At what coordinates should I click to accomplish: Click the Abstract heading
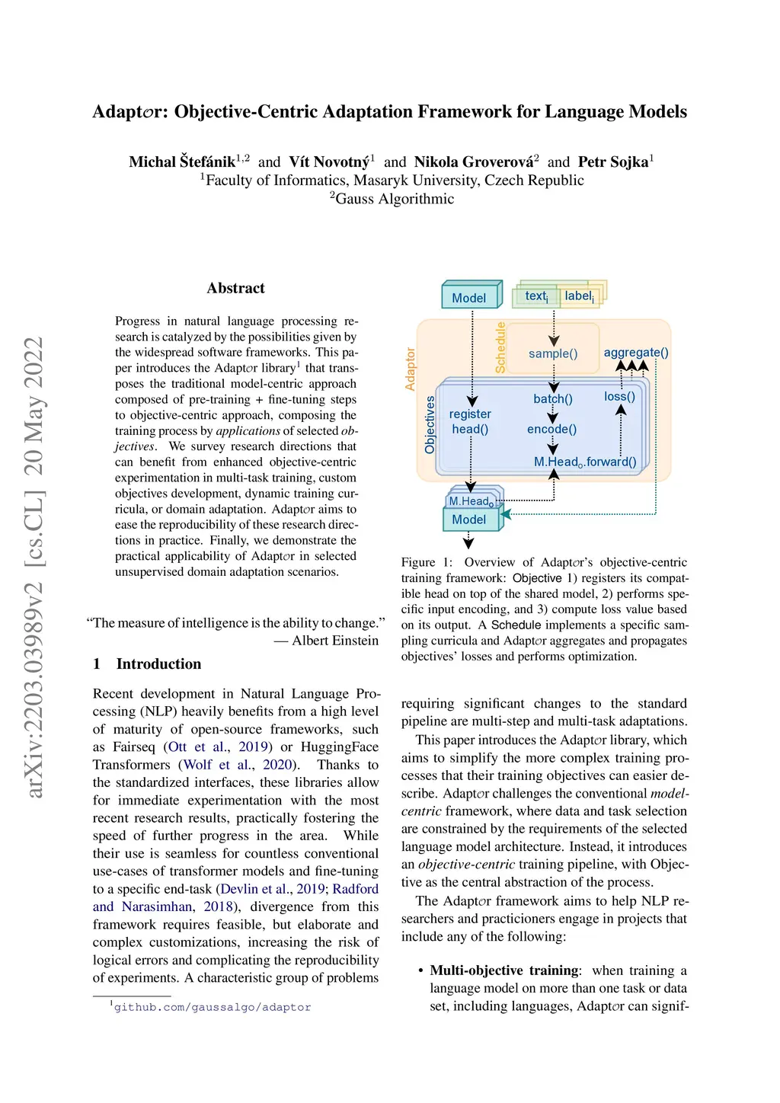[235, 288]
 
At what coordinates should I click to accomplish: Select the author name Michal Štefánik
[182, 161]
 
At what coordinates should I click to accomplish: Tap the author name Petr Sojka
[613, 161]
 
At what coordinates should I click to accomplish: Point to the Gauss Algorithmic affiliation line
[394, 199]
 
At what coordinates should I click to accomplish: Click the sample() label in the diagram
[553, 353]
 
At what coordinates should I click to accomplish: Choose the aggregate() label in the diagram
[636, 352]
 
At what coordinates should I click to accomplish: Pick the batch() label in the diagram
[553, 398]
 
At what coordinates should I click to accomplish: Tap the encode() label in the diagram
[551, 429]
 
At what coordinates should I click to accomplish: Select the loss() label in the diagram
[619, 396]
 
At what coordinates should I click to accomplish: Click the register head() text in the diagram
[470, 421]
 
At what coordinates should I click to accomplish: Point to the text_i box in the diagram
[536, 296]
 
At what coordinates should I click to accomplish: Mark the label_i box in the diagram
[579, 296]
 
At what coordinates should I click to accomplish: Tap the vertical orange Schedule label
[500, 347]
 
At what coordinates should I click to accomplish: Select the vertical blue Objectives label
[430, 424]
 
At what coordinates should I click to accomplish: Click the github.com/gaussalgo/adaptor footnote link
[213, 1007]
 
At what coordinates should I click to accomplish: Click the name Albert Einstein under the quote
[335, 641]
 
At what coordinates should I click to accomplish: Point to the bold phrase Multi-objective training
[504, 970]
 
